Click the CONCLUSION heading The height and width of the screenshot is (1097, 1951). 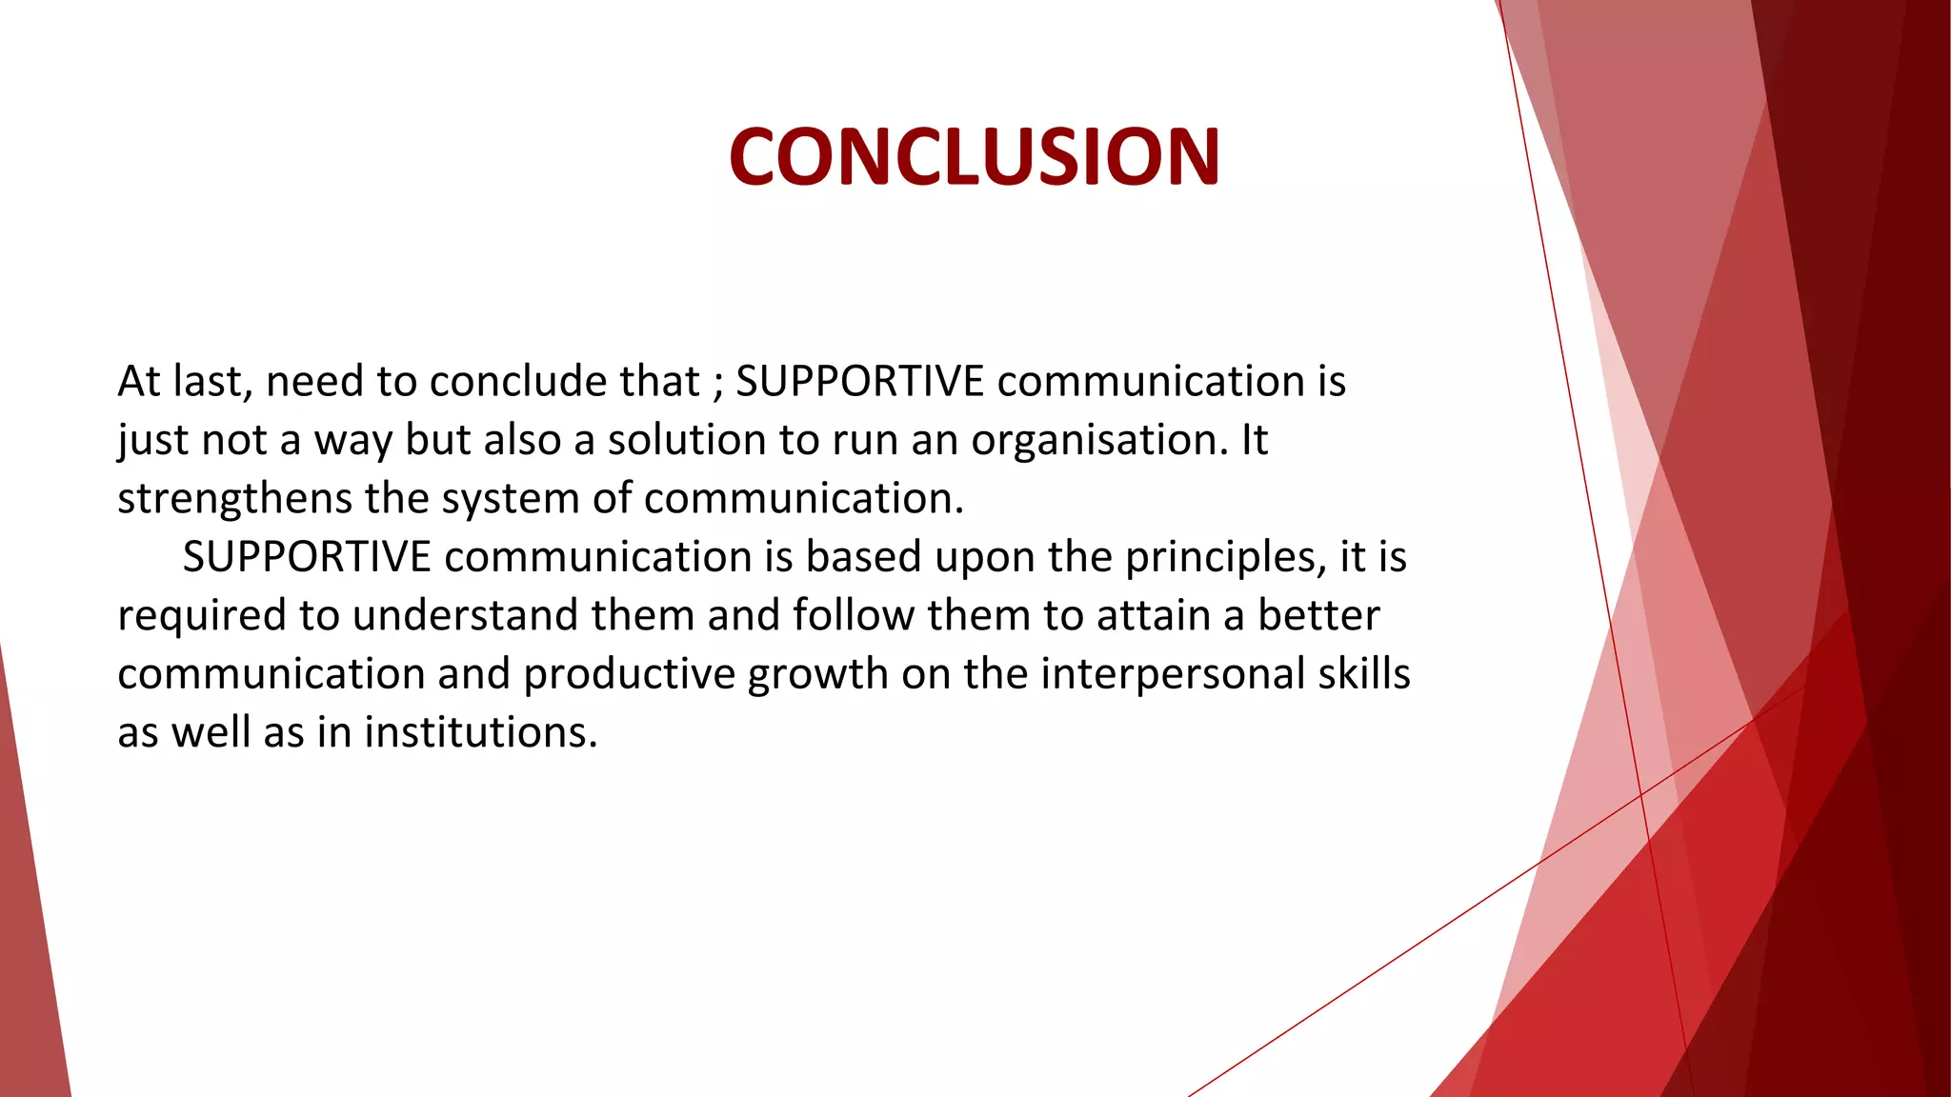pos(974,157)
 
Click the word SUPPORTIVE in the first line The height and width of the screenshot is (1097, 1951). pos(859,381)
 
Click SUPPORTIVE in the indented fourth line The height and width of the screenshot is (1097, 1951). pos(306,557)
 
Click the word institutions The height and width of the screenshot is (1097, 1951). pos(480,732)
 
